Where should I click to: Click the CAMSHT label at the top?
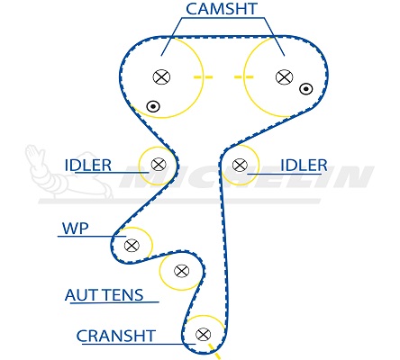222,9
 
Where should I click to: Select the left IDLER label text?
88,166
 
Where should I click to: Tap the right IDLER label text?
304,166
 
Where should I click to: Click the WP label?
75,229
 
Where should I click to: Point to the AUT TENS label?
105,295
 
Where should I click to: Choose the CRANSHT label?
116,336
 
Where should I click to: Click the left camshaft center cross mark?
161,76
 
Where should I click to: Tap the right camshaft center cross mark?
284,76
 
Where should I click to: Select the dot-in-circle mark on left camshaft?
153,106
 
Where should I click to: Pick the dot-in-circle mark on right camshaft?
306,89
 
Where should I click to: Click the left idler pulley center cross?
159,164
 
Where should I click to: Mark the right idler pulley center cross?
240,165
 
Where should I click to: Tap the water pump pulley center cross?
132,246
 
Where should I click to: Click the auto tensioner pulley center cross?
181,271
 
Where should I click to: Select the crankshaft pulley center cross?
203,334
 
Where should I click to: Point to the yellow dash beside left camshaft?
203,77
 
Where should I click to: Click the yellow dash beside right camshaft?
243,77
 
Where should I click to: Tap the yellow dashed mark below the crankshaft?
214,352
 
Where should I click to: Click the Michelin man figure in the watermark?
69,173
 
